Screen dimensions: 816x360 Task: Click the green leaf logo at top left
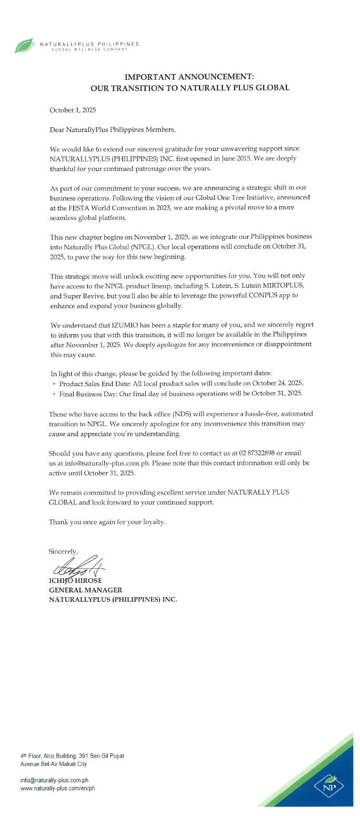[x=24, y=46]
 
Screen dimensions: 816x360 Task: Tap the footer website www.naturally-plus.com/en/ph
[x=57, y=788]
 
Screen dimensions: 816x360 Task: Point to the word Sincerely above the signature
[x=63, y=551]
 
